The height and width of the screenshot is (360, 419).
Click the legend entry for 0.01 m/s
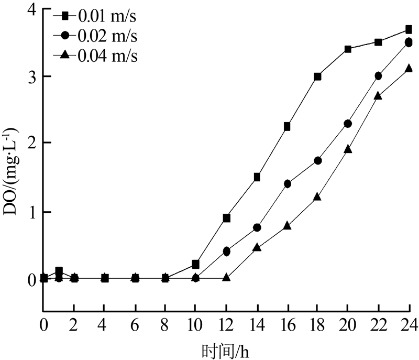click(x=107, y=16)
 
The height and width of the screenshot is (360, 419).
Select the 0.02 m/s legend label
click(x=107, y=36)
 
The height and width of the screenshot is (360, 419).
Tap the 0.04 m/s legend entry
click(x=107, y=55)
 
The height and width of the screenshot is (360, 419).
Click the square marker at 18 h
click(x=317, y=77)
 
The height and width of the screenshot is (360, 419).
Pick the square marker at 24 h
click(x=409, y=30)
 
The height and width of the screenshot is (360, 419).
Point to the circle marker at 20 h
click(x=348, y=124)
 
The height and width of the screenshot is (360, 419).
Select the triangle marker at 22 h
click(x=378, y=96)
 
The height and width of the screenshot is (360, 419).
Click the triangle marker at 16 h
click(x=287, y=225)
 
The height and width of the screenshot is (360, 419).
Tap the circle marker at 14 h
click(x=257, y=227)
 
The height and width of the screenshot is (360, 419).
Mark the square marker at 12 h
click(x=227, y=217)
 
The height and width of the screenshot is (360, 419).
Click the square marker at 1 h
click(x=59, y=271)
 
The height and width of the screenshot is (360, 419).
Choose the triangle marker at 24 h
click(x=409, y=68)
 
